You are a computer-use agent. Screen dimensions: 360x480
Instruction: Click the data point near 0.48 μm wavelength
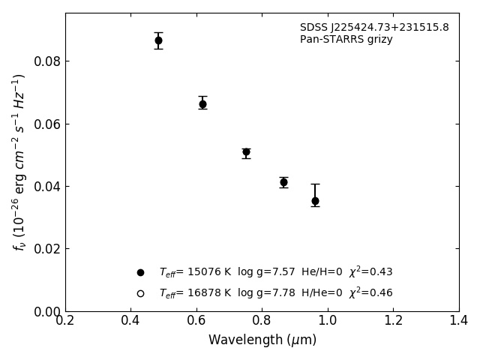pos(158,40)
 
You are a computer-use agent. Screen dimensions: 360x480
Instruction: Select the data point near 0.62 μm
pos(202,104)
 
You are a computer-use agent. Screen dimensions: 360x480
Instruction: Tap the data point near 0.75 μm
pos(246,151)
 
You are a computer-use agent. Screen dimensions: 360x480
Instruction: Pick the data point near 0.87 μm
pos(283,182)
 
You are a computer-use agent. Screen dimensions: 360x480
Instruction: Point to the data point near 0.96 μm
pos(315,201)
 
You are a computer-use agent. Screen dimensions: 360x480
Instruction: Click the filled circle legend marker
pos(140,272)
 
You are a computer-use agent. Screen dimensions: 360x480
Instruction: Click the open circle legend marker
pos(140,293)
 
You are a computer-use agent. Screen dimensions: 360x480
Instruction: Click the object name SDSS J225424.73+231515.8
pos(374,28)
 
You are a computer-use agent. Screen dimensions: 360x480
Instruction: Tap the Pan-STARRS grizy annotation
pos(346,40)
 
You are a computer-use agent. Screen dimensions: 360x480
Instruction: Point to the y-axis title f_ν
pos(19,161)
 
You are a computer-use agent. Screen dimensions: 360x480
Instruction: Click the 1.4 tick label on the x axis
pos(459,321)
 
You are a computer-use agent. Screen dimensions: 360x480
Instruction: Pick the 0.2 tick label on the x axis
pos(65,321)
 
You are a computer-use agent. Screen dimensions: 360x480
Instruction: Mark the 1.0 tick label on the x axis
pos(328,321)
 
